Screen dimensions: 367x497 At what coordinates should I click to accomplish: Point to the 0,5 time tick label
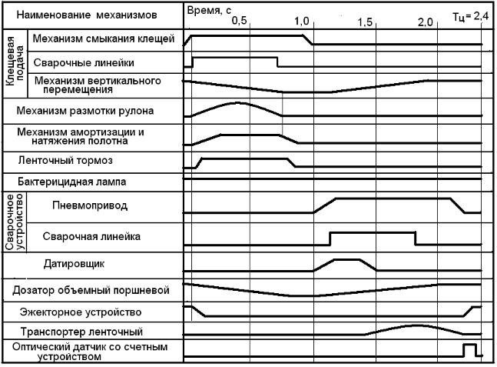pos(240,22)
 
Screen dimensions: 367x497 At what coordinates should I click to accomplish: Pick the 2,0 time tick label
pos(426,22)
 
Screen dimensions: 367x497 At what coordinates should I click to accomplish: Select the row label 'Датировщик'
pos(87,264)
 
